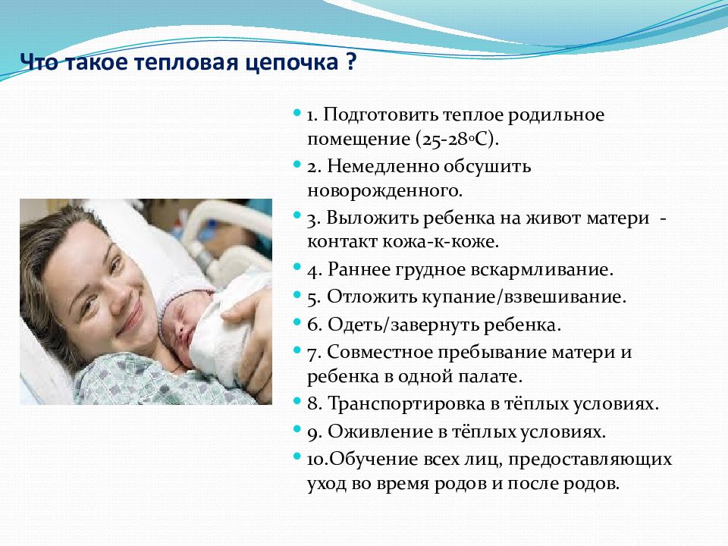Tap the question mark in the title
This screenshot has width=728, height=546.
coord(351,61)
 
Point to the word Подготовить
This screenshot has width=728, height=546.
coord(380,115)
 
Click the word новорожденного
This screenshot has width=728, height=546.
coord(384,191)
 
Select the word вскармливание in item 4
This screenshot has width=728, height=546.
coord(541,270)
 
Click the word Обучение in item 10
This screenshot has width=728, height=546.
coord(373,460)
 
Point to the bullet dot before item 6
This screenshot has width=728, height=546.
coord(297,322)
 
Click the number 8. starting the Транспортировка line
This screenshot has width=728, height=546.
coord(314,404)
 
